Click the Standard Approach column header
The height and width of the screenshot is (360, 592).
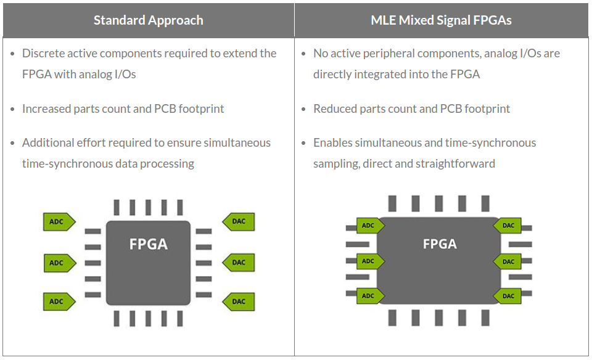coord(149,20)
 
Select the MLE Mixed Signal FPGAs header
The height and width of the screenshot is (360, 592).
coord(441,20)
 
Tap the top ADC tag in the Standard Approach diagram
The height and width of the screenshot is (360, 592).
coord(59,222)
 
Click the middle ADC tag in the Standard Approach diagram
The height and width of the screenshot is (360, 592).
coord(60,263)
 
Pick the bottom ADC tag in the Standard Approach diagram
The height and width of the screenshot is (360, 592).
coord(59,301)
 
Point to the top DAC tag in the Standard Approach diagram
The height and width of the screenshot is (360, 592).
coord(239,221)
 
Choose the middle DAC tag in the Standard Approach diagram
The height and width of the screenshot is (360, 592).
coord(239,263)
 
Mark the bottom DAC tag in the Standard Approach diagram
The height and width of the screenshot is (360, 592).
coord(239,301)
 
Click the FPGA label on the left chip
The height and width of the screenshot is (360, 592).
coord(149,244)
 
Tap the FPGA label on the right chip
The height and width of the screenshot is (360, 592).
coord(440,244)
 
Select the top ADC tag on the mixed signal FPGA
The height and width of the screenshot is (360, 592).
coord(371,226)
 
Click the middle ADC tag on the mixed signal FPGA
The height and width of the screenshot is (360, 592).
coord(371,261)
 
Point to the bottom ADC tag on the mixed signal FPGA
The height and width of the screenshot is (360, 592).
coord(371,297)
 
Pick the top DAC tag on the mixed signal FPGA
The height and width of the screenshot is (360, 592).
coord(507,226)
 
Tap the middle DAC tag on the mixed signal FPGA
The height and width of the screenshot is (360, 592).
coord(507,261)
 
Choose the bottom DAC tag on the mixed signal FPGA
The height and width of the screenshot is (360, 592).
coord(507,297)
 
